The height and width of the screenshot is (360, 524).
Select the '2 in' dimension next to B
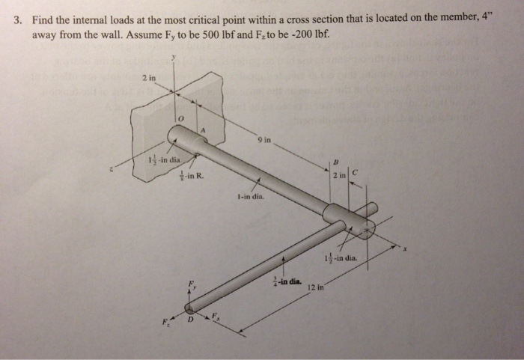pyautogui.click(x=340, y=176)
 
